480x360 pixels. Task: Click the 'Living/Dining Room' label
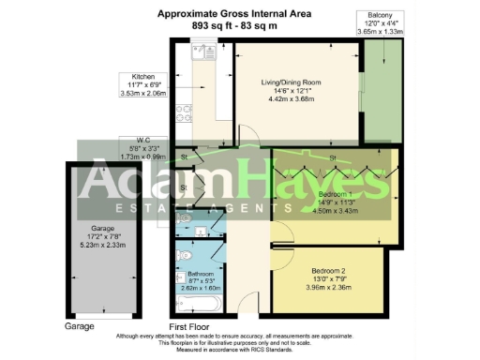click(x=291, y=82)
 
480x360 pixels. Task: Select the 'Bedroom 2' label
click(x=329, y=271)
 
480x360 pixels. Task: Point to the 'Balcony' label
click(x=380, y=16)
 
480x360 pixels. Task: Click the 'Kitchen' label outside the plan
click(x=143, y=76)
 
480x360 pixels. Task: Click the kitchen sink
click(x=200, y=56)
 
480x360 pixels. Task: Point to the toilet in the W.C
click(x=184, y=218)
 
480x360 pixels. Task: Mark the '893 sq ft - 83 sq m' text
click(x=234, y=26)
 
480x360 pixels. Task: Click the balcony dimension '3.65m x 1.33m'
click(x=381, y=32)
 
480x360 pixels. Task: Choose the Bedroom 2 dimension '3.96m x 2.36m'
click(x=329, y=288)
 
